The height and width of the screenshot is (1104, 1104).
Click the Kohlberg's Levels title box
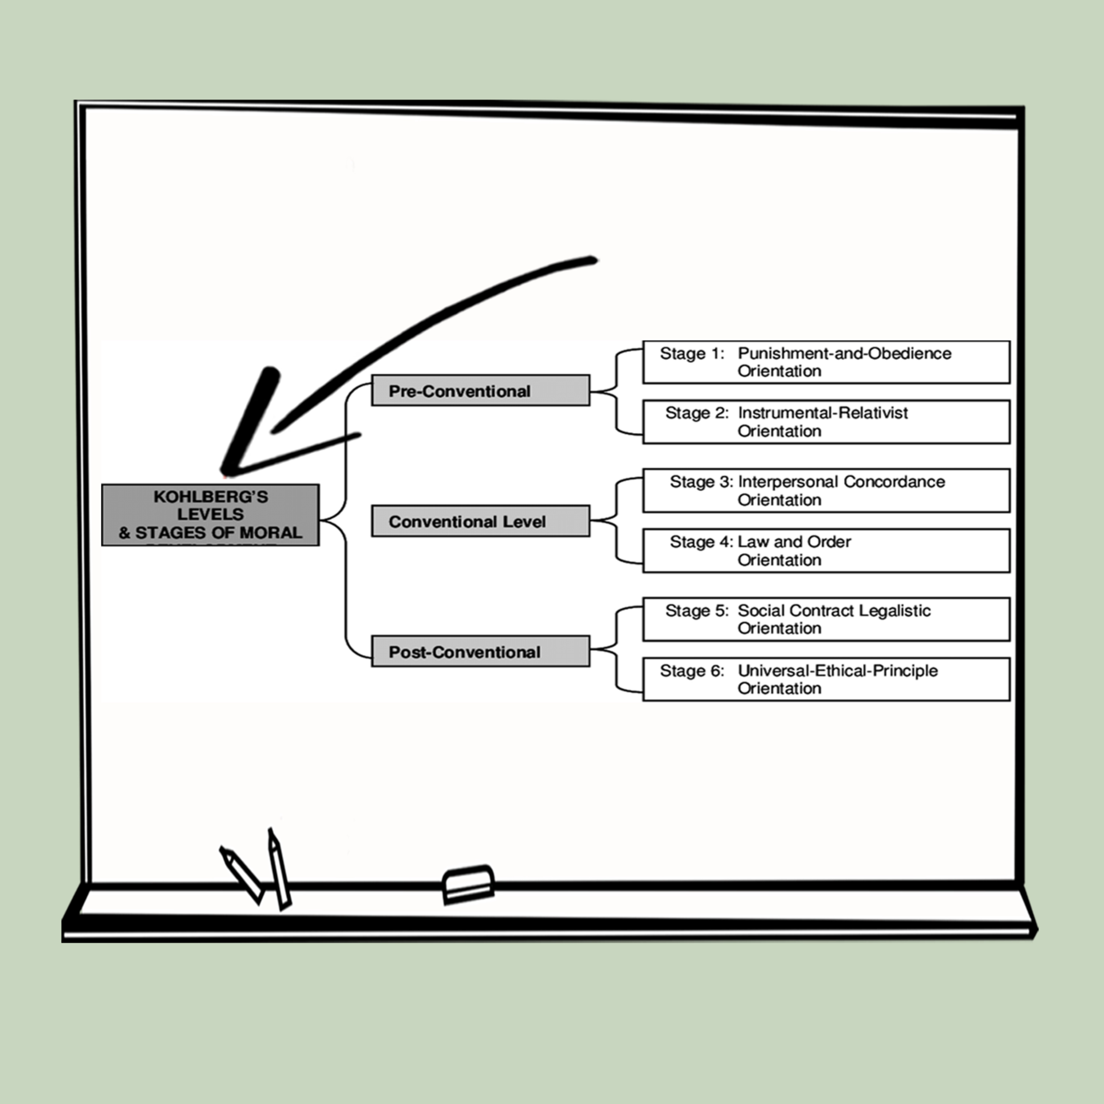click(210, 515)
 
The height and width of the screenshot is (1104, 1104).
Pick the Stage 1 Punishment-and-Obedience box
click(826, 362)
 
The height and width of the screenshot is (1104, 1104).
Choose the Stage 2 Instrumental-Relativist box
click(826, 422)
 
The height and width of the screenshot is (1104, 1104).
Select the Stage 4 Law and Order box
click(826, 550)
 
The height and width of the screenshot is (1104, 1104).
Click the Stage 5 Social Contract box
click(826, 619)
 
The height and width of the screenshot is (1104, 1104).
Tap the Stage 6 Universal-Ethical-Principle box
click(826, 679)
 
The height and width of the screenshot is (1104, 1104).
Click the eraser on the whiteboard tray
click(468, 885)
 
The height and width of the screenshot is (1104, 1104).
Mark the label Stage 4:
click(701, 542)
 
